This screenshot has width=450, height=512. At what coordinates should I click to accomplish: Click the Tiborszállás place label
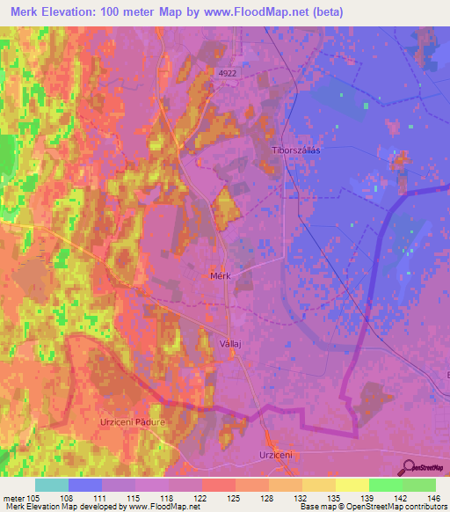click(297, 150)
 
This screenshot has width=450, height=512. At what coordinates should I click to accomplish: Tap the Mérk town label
click(221, 275)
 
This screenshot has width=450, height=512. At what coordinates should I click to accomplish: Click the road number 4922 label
click(228, 75)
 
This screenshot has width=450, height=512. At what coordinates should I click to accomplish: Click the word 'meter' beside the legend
click(13, 498)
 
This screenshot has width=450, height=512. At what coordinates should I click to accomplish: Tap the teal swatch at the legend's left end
click(51, 485)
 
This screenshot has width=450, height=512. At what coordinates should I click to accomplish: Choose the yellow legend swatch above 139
click(352, 485)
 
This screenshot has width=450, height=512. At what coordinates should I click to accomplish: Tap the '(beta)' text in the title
click(323, 12)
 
